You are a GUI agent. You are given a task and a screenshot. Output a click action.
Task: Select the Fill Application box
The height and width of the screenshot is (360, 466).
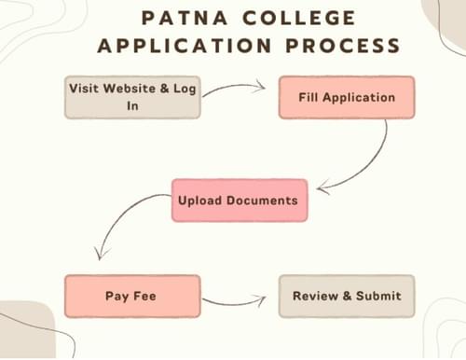(x=347, y=96)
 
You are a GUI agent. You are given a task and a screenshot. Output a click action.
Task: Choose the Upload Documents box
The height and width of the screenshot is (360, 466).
(x=239, y=200)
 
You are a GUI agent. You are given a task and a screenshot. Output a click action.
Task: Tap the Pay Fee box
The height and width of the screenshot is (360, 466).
(x=131, y=297)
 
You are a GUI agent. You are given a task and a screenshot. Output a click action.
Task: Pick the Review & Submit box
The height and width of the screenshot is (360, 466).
(x=347, y=297)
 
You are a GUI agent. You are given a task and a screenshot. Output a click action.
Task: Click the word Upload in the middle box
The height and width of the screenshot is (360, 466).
(x=200, y=200)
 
